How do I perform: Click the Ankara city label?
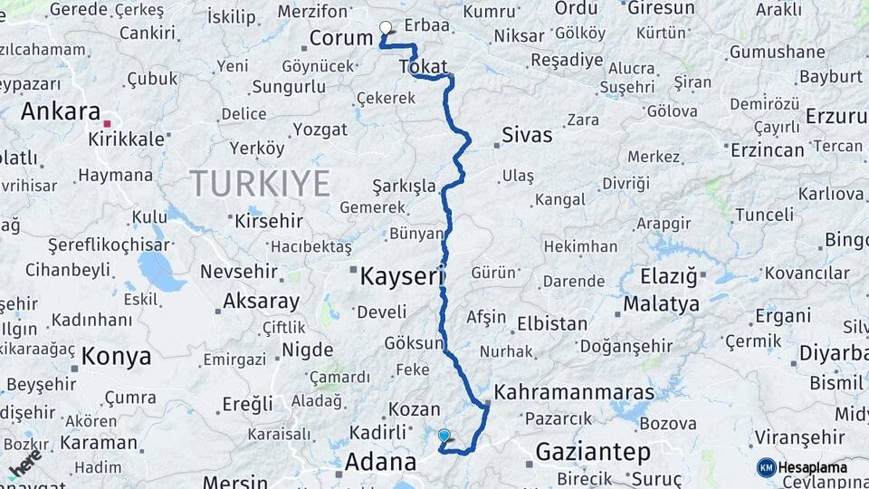pyautogui.click(x=60, y=111)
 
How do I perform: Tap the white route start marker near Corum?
pyautogui.click(x=386, y=28)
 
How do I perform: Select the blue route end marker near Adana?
pyautogui.click(x=444, y=436)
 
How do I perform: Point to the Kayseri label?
pyautogui.click(x=400, y=276)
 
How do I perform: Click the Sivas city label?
pyautogui.click(x=527, y=136)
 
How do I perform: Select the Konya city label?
pyautogui.click(x=116, y=356)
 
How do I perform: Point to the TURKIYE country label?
pyautogui.click(x=260, y=184)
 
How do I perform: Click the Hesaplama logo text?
pyautogui.click(x=814, y=467)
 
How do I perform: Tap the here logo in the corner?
pyautogui.click(x=25, y=464)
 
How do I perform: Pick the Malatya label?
pyautogui.click(x=661, y=303)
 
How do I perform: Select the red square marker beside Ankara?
pyautogui.click(x=107, y=123)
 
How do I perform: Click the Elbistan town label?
pyautogui.click(x=552, y=323)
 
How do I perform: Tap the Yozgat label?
pyautogui.click(x=320, y=129)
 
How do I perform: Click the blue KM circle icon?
pyautogui.click(x=766, y=467)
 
